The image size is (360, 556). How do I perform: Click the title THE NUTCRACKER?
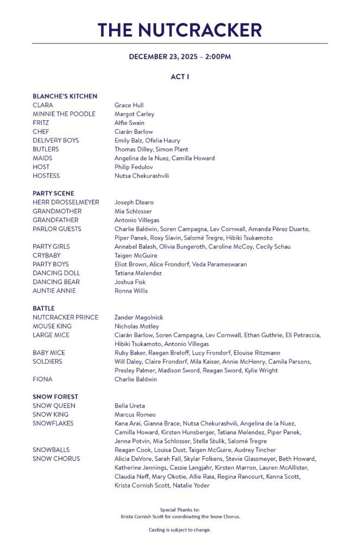pos(180,29)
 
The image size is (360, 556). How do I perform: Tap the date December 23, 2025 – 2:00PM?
pos(180,56)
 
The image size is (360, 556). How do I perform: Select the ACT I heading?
pos(180,77)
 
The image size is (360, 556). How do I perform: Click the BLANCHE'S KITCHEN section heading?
pos(65,96)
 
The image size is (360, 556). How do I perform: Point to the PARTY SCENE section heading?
pos(53,193)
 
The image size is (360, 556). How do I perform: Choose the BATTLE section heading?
pos(43,308)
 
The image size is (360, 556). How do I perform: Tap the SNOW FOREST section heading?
pos(55,397)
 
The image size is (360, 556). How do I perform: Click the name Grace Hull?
pos(129,105)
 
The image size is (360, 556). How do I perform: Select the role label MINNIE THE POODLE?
pos(64,114)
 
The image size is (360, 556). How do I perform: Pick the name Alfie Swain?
pos(129,123)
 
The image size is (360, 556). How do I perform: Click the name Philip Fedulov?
pos(134,167)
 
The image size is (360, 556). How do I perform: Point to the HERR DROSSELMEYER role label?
pos(66,203)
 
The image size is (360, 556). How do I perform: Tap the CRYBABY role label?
pos(47,255)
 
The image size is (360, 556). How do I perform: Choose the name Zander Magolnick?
pos(138,318)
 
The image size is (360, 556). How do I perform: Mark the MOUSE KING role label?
pos(52,326)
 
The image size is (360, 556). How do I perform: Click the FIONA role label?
pos(42,380)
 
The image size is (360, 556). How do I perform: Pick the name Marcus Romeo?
pos(135,415)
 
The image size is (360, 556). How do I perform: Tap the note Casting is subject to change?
pos(180,530)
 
